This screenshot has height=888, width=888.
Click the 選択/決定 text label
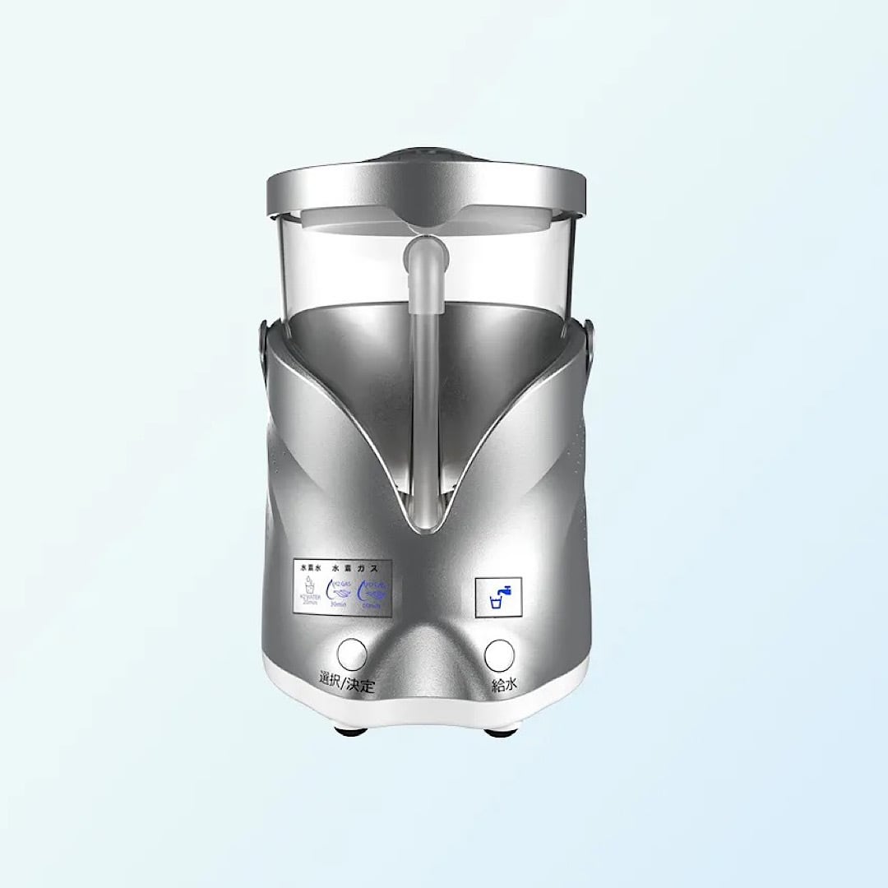[x=346, y=683]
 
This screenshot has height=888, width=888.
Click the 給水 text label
[x=503, y=685]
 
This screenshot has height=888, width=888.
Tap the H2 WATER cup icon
[x=310, y=590]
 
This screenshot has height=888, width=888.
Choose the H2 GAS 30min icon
[x=339, y=590]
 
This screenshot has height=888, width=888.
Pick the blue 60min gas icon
[x=371, y=590]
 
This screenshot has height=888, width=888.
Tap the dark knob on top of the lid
[x=426, y=155]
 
